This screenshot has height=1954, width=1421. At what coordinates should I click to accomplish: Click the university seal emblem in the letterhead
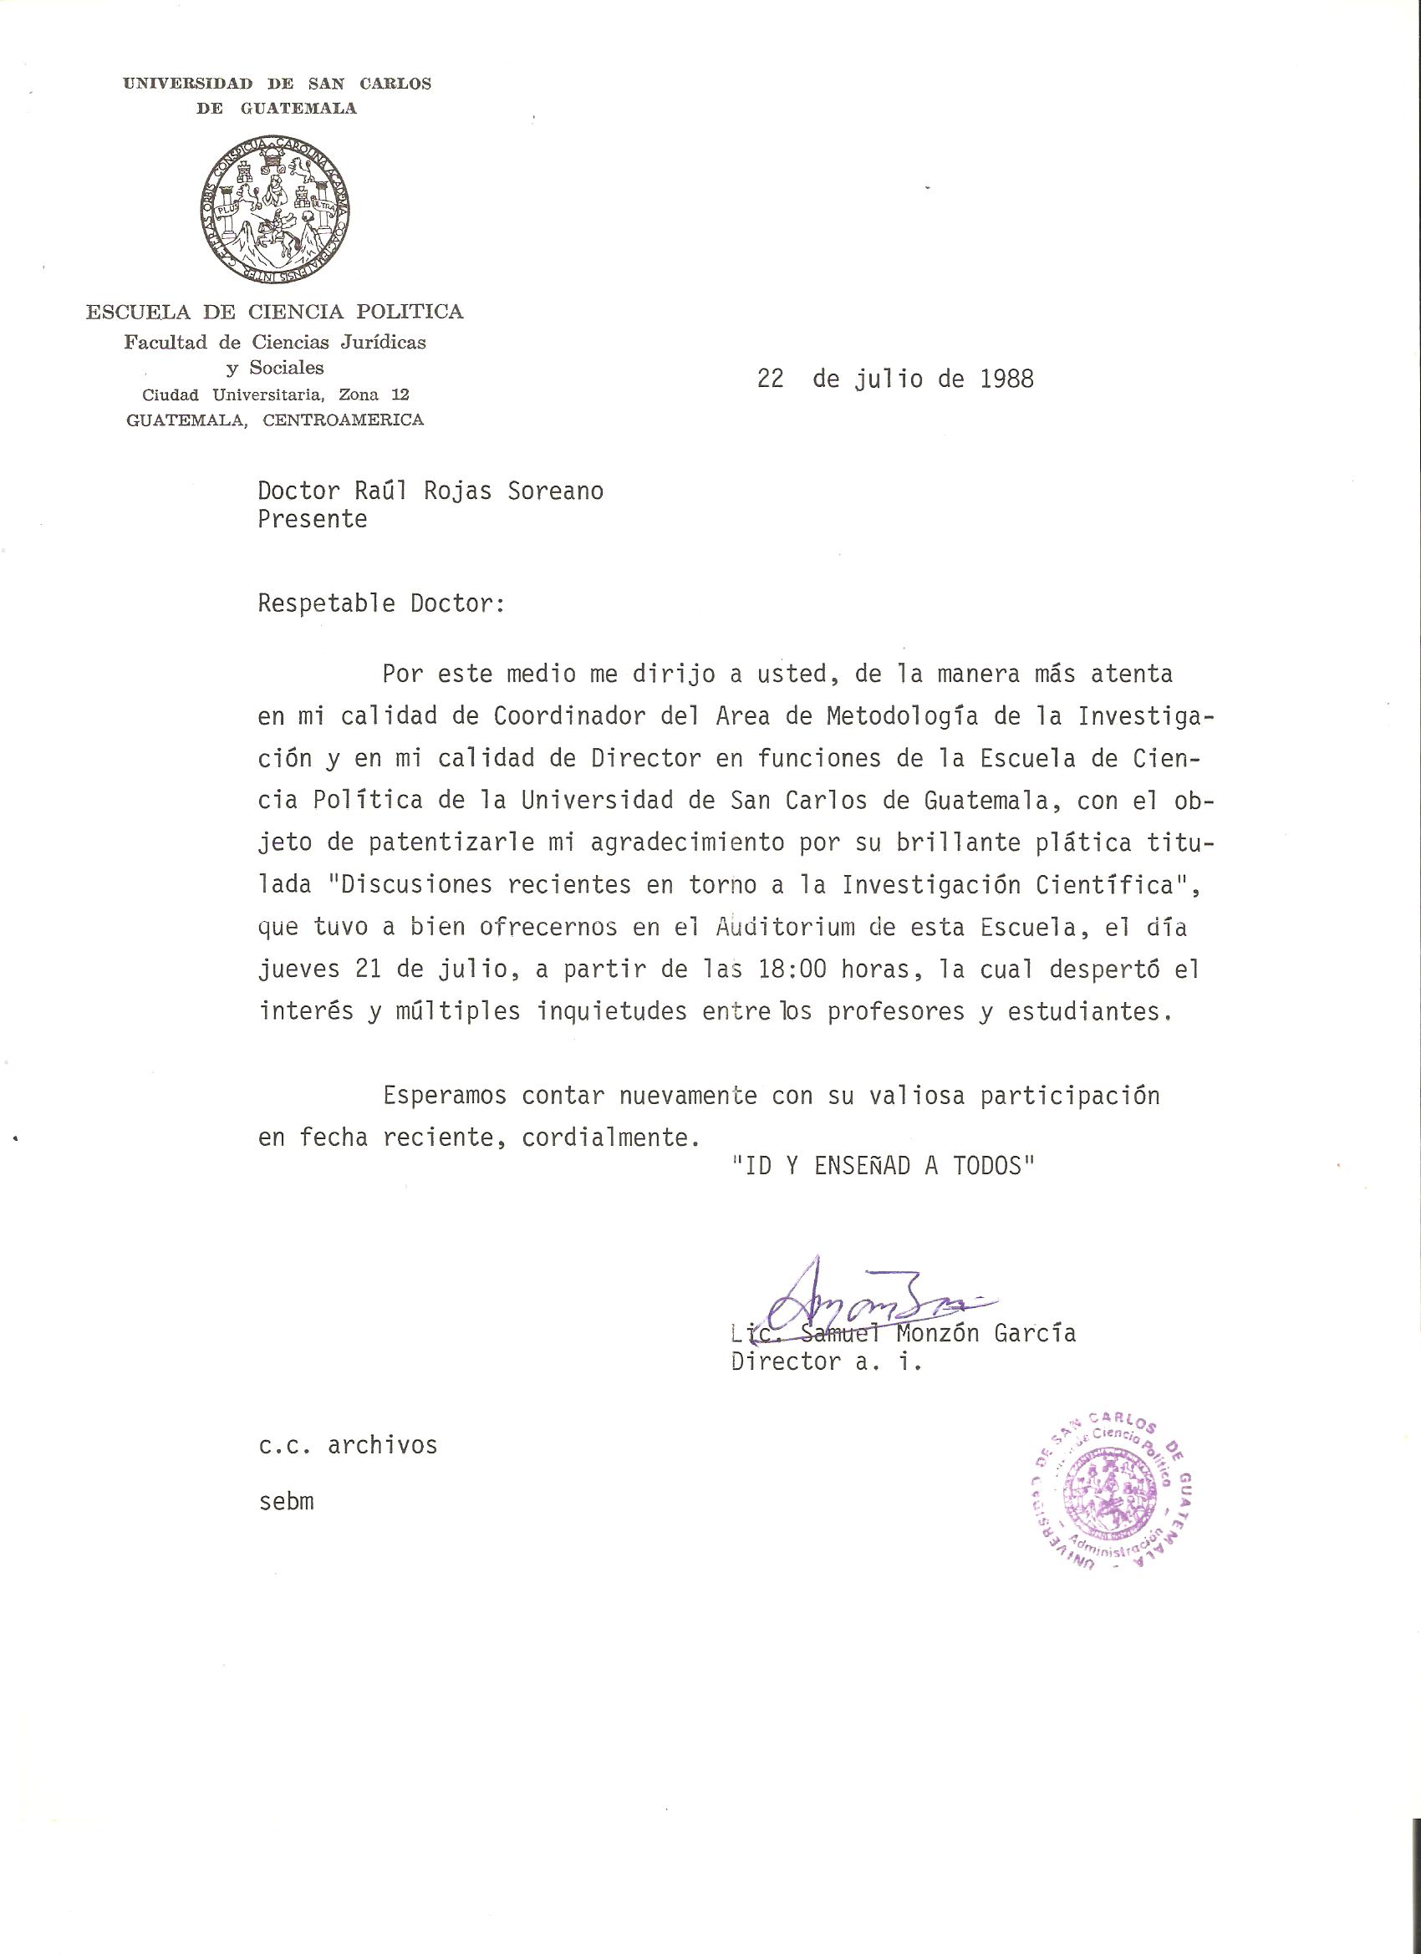[x=275, y=211]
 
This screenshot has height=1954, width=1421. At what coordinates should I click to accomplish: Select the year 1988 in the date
[x=1006, y=379]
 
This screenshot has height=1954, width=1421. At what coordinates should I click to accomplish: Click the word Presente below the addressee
[x=312, y=520]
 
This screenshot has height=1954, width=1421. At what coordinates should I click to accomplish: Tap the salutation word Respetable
[x=327, y=603]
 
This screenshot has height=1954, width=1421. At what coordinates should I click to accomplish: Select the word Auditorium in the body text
[x=785, y=927]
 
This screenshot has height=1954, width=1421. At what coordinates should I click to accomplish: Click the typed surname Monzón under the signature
[x=938, y=1333]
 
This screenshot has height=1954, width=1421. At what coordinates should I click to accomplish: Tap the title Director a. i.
[x=826, y=1361]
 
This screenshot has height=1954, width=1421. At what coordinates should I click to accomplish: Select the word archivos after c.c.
[x=382, y=1445]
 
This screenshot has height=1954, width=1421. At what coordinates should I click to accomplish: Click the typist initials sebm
[x=286, y=1502]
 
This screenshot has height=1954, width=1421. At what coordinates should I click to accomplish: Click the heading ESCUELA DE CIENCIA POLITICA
[x=274, y=312]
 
